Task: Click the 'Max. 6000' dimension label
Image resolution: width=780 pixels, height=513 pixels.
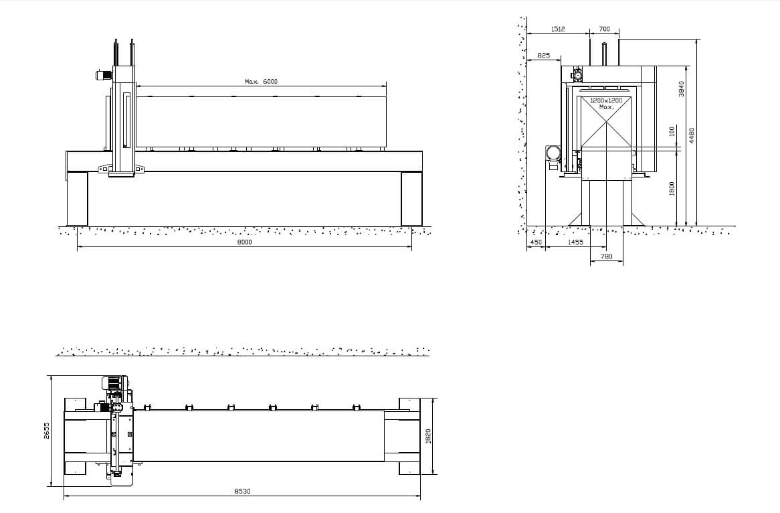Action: coord(261,81)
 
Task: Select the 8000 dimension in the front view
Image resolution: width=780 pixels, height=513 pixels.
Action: coord(244,242)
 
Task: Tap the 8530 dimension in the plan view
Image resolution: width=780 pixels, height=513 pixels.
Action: coord(243,491)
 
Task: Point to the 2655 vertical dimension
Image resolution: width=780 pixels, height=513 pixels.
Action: coord(47,431)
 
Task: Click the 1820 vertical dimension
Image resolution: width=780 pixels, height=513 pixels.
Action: coord(429,436)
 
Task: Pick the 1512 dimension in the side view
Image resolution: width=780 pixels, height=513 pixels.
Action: coord(558,29)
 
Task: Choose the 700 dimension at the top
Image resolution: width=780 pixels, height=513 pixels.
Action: coord(605,29)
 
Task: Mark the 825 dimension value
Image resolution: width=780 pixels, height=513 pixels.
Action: coord(544,56)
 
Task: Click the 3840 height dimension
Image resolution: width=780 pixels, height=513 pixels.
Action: coord(682,88)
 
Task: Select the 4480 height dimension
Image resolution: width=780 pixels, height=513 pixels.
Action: coord(692,135)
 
